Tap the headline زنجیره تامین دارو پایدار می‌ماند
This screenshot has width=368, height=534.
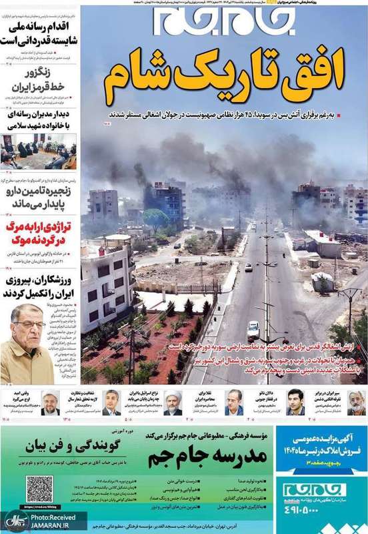(41, 195)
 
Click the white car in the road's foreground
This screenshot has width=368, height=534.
(253, 329)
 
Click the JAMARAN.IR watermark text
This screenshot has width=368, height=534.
(56, 525)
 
